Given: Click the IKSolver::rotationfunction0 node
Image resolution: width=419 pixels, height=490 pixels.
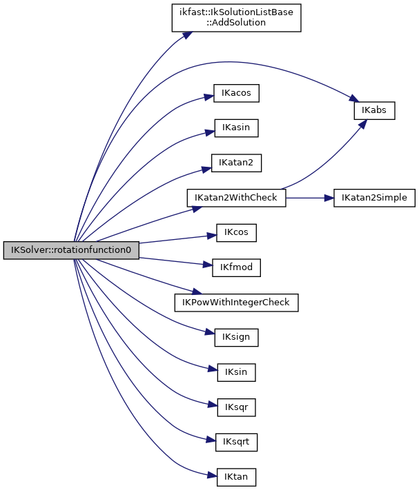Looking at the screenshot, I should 70,250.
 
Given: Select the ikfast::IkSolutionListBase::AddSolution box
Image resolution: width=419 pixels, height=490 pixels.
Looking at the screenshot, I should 236,17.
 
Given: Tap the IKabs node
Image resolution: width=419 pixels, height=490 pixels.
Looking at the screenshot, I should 374,110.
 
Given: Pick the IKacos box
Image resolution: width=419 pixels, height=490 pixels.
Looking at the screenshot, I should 236,93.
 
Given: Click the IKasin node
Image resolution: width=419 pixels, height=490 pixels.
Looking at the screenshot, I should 236,128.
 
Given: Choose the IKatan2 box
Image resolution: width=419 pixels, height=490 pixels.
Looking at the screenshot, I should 236,163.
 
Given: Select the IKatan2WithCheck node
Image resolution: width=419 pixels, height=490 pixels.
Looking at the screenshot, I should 236,198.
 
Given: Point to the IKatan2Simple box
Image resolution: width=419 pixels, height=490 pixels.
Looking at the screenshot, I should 375,198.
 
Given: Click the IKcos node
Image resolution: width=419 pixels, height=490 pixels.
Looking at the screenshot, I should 236,233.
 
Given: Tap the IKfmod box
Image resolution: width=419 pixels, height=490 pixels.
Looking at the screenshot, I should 236,267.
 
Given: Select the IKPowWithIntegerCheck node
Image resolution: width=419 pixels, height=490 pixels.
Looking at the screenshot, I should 236,303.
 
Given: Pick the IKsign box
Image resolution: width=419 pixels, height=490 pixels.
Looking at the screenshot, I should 236,338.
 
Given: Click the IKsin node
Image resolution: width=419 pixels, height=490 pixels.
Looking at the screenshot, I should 236,372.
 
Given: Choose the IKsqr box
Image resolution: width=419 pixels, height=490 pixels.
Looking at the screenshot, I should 236,407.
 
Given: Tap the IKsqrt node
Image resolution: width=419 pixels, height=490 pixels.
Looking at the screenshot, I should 236,442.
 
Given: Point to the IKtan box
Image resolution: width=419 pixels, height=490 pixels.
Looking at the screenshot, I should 236,477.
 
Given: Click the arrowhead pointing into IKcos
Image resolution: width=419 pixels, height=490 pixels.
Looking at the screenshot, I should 212,236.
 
